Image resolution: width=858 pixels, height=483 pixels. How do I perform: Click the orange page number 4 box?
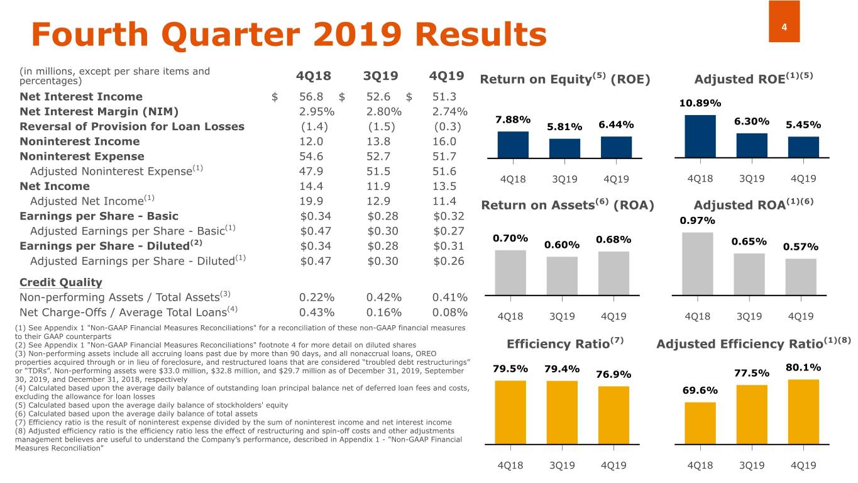784,21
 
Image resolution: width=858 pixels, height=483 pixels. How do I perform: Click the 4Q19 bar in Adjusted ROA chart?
801,276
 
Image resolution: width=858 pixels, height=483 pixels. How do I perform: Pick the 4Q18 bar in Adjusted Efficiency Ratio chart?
700,423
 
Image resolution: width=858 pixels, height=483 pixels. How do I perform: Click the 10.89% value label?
700,103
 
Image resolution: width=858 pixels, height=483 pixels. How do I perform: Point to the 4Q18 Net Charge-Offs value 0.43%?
317,312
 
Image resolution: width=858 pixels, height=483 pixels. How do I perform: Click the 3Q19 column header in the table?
381,76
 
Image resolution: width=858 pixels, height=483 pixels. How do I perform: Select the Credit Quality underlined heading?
61,282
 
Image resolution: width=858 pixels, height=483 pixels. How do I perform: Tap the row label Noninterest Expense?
82,157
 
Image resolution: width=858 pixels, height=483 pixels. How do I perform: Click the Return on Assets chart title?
568,206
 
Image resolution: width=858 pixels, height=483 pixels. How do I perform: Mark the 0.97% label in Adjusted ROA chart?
697,221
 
